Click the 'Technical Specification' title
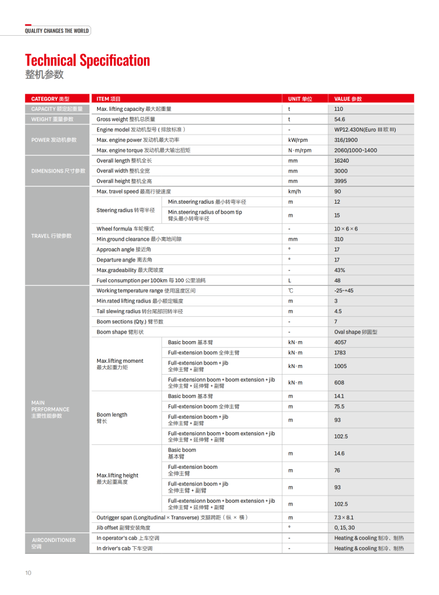click(x=88, y=60)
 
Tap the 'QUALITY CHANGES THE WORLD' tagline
click(x=57, y=31)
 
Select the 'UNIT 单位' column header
click(x=300, y=99)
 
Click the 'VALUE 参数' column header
click(x=348, y=99)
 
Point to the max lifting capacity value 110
click(x=339, y=109)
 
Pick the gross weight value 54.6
click(x=340, y=119)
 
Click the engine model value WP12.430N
click(x=365, y=130)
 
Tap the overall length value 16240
click(x=341, y=161)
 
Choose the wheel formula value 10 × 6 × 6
click(x=346, y=229)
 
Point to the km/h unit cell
click(x=294, y=191)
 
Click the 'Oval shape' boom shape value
click(x=356, y=332)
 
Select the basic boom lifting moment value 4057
click(x=340, y=342)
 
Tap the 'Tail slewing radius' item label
click(x=139, y=311)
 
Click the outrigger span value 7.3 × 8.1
click(x=344, y=518)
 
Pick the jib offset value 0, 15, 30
click(x=344, y=528)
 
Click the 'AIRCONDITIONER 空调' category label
click(x=54, y=543)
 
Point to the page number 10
click(x=28, y=573)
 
